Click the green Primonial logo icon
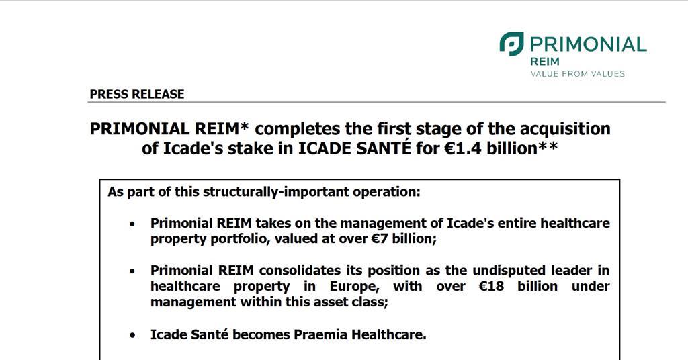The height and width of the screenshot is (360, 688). (x=511, y=44)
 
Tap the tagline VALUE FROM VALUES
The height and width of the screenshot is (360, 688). (x=577, y=73)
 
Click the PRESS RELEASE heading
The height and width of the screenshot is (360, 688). (x=136, y=94)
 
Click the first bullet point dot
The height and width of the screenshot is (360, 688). (x=132, y=224)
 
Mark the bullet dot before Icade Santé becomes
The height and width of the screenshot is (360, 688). (x=132, y=334)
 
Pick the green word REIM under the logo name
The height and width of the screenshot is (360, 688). (x=545, y=61)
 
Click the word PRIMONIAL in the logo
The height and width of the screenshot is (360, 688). (x=588, y=44)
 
